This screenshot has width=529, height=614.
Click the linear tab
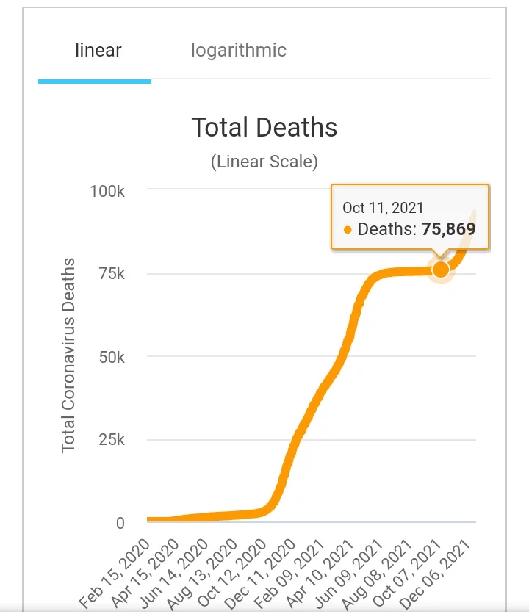(98, 51)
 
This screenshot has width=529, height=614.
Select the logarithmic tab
(239, 51)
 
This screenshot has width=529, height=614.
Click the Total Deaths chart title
(264, 128)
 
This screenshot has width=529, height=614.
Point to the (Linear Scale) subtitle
(264, 162)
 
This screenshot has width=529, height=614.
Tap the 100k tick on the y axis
(107, 191)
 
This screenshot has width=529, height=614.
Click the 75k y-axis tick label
(112, 274)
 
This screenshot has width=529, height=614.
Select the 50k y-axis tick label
(112, 357)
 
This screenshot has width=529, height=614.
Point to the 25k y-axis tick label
(112, 440)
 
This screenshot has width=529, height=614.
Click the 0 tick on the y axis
(120, 523)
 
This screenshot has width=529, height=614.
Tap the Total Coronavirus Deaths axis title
(68, 355)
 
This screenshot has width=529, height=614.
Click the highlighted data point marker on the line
(441, 270)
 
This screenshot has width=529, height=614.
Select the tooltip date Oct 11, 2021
(383, 208)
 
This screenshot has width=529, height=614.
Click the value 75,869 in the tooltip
(448, 229)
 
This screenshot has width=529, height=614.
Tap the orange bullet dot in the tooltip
(348, 230)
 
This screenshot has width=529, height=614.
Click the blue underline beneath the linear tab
(95, 81)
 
